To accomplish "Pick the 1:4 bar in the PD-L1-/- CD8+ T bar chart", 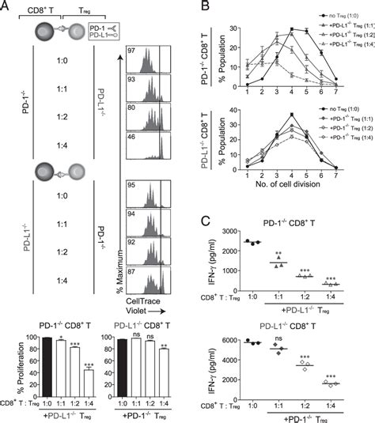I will [163, 367].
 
